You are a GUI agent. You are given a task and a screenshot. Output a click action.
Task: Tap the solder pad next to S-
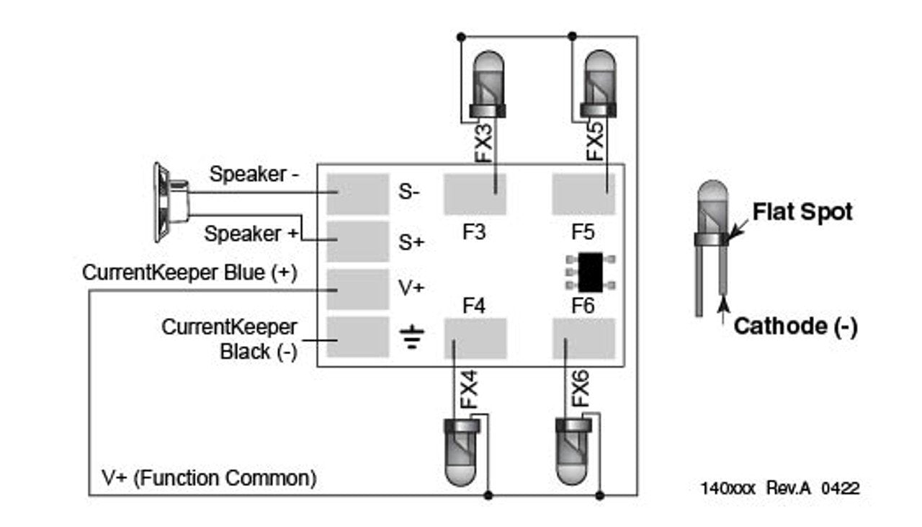click(x=357, y=194)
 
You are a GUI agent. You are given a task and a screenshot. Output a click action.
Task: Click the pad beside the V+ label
click(x=357, y=289)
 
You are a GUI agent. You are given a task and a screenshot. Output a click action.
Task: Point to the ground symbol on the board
click(x=412, y=337)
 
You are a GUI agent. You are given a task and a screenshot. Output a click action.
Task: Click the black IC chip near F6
click(x=591, y=272)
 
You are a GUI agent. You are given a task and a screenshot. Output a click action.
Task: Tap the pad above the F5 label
click(x=583, y=194)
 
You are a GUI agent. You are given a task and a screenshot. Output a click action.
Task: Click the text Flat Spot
click(x=802, y=212)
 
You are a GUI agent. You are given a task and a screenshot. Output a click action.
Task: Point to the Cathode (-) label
click(x=795, y=327)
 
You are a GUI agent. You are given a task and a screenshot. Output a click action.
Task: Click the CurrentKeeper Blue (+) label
click(x=190, y=273)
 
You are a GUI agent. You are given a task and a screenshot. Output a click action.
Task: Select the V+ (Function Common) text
click(x=208, y=477)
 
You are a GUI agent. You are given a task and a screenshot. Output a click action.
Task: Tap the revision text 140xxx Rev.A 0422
click(x=779, y=488)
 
